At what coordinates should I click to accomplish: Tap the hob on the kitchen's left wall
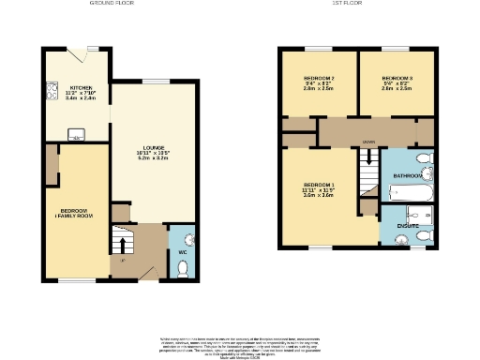[x=49, y=93]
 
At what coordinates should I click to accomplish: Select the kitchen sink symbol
[x=74, y=132]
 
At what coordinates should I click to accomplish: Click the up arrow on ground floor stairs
[x=121, y=245]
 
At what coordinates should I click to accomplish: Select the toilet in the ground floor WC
[x=183, y=269]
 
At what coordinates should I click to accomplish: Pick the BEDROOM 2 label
[x=319, y=78]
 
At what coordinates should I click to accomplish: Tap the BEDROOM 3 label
[x=397, y=78]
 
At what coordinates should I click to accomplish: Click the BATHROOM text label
[x=409, y=175]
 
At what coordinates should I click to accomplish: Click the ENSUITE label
[x=407, y=225]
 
